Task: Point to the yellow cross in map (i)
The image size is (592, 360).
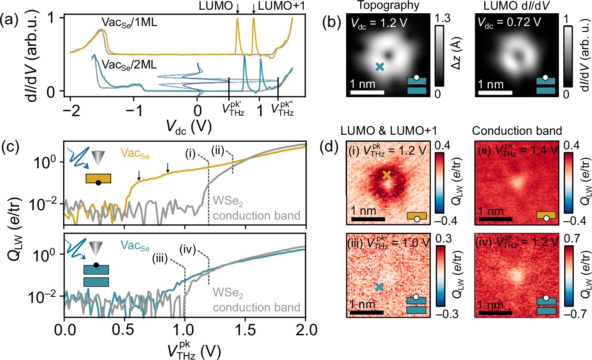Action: [x=387, y=174]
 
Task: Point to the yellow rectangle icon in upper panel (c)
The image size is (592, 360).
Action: [x=98, y=178]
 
